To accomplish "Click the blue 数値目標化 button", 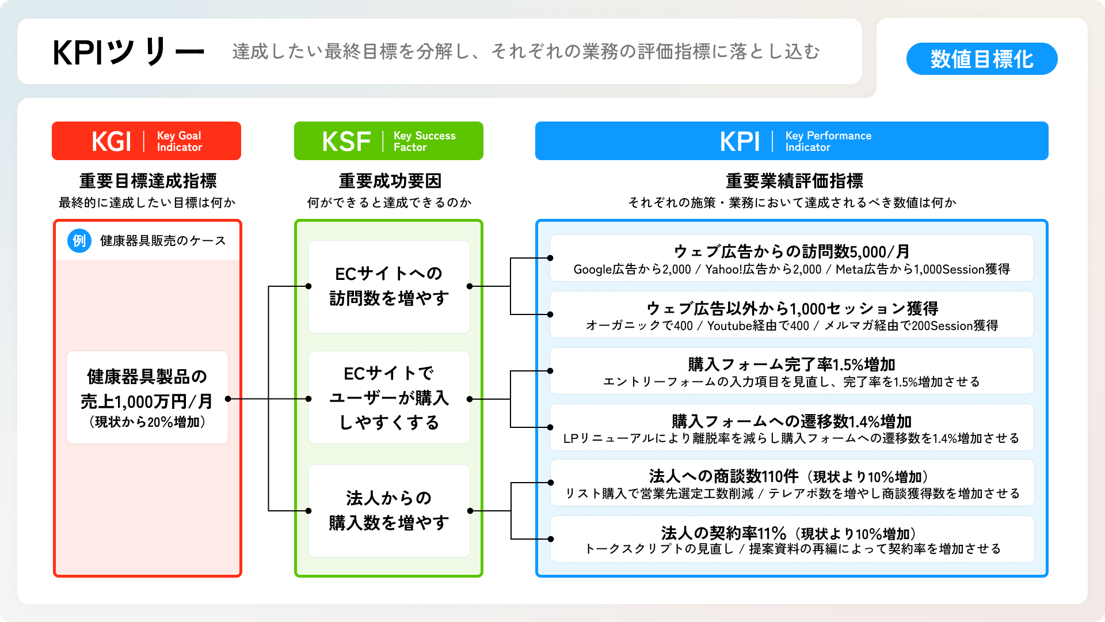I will (x=981, y=59).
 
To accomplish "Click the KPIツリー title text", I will (x=128, y=52).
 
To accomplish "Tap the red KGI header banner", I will (x=146, y=141).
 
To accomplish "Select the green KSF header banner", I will (x=388, y=141).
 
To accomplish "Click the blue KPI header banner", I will (x=791, y=141).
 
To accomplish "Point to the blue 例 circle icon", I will (x=79, y=241).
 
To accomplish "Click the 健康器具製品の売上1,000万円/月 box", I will (x=147, y=397).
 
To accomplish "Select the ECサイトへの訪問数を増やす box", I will (x=389, y=286).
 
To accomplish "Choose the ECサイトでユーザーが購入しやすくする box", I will (x=389, y=397).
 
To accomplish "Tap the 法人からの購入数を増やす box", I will (x=389, y=510).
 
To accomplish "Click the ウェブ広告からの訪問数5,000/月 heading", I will (x=791, y=252).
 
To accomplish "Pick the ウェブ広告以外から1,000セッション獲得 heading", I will (x=791, y=308).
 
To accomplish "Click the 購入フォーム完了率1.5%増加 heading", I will (x=791, y=364).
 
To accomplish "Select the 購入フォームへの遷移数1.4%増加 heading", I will (x=791, y=421).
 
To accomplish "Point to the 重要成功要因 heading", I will (x=390, y=181).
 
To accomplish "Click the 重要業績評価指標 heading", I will (x=794, y=181).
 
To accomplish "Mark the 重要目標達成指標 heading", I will (x=148, y=181).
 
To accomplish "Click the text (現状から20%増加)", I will (x=147, y=422).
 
